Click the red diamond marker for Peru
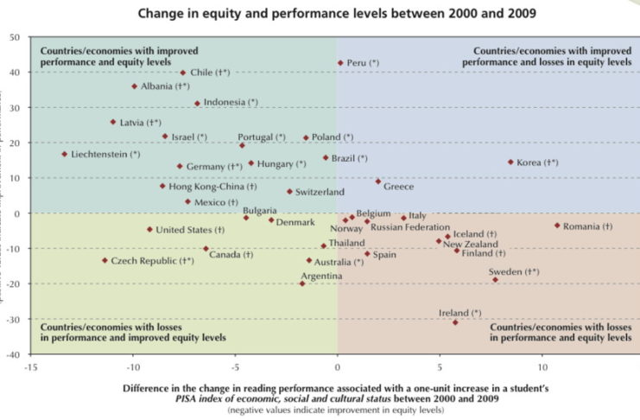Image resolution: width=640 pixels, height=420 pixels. click(x=340, y=63)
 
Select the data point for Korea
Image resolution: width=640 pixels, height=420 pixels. click(x=510, y=162)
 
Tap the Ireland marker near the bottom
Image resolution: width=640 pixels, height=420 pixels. click(x=455, y=322)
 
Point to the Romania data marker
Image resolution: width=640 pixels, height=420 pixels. click(x=557, y=226)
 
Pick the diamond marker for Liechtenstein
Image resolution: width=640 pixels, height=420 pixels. click(x=65, y=154)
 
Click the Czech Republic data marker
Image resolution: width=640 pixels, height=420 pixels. click(x=105, y=260)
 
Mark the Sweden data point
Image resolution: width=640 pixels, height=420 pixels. click(x=495, y=280)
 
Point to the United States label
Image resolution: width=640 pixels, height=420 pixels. click(x=190, y=230)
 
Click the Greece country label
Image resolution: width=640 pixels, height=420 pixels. click(x=399, y=187)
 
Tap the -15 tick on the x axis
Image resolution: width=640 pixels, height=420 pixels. click(x=30, y=365)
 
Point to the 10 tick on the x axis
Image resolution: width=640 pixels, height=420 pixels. click(x=542, y=365)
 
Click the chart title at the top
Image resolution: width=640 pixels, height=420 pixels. click(x=320, y=13)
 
